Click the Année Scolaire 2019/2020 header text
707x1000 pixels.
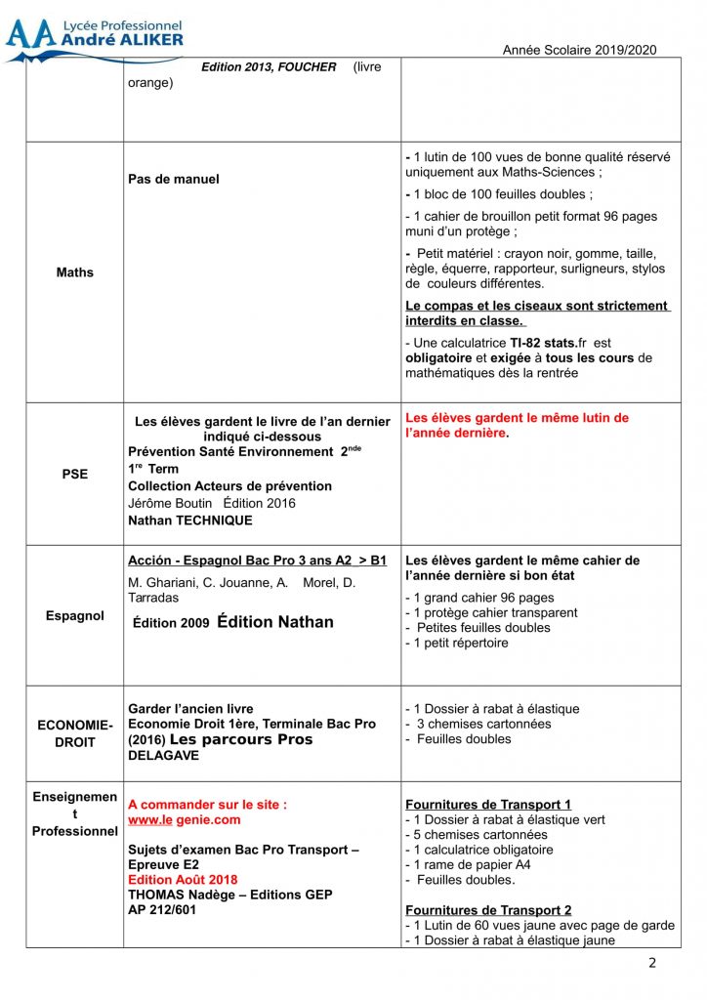[x=579, y=50]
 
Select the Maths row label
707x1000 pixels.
[x=75, y=272]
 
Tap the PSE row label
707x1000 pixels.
[x=75, y=474]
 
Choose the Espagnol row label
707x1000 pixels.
[x=75, y=616]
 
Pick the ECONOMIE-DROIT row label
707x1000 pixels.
[x=75, y=733]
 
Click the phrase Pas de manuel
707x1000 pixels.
[x=174, y=179]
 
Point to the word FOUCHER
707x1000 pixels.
[x=305, y=67]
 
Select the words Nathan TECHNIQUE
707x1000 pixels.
[x=189, y=521]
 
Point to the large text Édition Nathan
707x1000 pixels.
[x=275, y=622]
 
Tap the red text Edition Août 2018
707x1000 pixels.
[x=183, y=880]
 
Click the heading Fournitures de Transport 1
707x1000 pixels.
[x=488, y=805]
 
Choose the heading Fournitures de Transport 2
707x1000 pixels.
[x=488, y=910]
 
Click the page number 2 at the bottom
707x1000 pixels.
[x=652, y=964]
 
